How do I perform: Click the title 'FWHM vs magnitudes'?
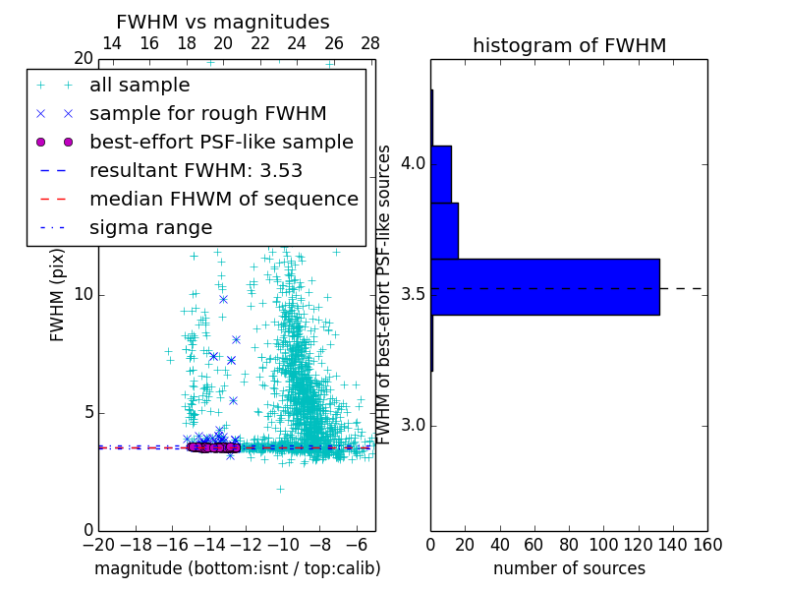click(222, 22)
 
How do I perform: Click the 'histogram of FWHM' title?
click(569, 45)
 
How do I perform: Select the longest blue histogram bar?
click(544, 287)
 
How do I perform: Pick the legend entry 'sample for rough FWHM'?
click(207, 113)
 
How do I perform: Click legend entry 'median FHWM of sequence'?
click(224, 199)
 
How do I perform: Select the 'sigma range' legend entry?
click(150, 227)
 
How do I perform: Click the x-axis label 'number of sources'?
click(569, 568)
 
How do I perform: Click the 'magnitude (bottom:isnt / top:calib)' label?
click(237, 568)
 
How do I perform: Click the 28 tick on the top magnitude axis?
click(370, 43)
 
